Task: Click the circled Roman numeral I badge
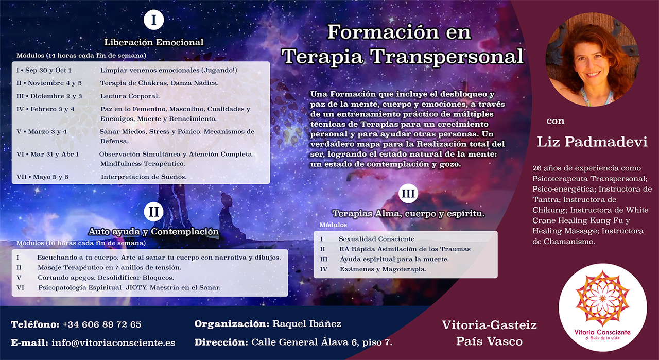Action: [153, 20]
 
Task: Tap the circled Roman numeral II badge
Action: [153, 212]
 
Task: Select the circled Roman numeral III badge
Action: [408, 194]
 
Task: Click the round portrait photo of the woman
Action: [592, 59]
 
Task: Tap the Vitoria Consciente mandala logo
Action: [602, 307]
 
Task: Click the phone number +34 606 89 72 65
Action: [102, 324]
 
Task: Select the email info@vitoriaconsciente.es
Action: [113, 342]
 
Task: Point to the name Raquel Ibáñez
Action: [307, 324]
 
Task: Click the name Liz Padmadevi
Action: [592, 142]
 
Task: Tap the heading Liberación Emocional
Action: [154, 42]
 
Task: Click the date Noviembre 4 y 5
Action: [55, 83]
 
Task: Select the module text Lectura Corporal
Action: [130, 96]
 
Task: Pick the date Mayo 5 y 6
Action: [50, 177]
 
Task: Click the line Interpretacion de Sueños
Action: [144, 177]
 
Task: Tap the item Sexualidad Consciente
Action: [376, 239]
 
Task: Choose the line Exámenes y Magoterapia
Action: [383, 269]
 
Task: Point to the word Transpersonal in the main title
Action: [447, 56]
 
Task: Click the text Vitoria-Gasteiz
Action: [489, 325]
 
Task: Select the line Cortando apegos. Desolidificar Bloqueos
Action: [106, 278]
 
